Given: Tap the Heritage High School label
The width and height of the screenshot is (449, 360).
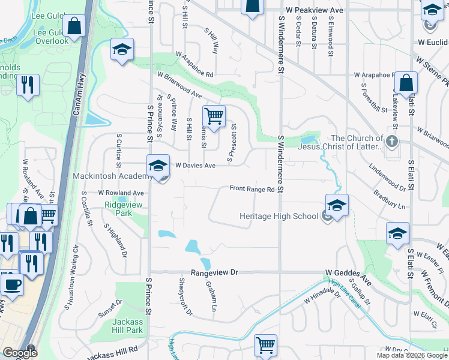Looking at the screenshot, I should tap(279, 216).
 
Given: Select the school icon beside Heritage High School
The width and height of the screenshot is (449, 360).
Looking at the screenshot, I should tap(337, 205).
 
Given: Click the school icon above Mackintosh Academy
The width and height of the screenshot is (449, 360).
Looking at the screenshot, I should tap(158, 166).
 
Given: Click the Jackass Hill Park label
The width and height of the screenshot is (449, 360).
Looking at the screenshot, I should tap(127, 326).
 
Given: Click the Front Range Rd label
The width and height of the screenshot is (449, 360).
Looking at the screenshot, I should tap(252, 189).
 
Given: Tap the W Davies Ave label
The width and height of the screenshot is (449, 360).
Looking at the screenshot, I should tap(194, 166).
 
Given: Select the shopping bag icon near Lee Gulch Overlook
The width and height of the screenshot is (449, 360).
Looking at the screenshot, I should tap(74, 26).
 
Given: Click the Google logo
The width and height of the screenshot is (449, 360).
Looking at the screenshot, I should tap(19, 353).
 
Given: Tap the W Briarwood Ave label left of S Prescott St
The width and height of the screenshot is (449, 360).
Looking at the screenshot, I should tap(179, 85).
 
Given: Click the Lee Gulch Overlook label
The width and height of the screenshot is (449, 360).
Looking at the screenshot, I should tap(51, 37).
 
